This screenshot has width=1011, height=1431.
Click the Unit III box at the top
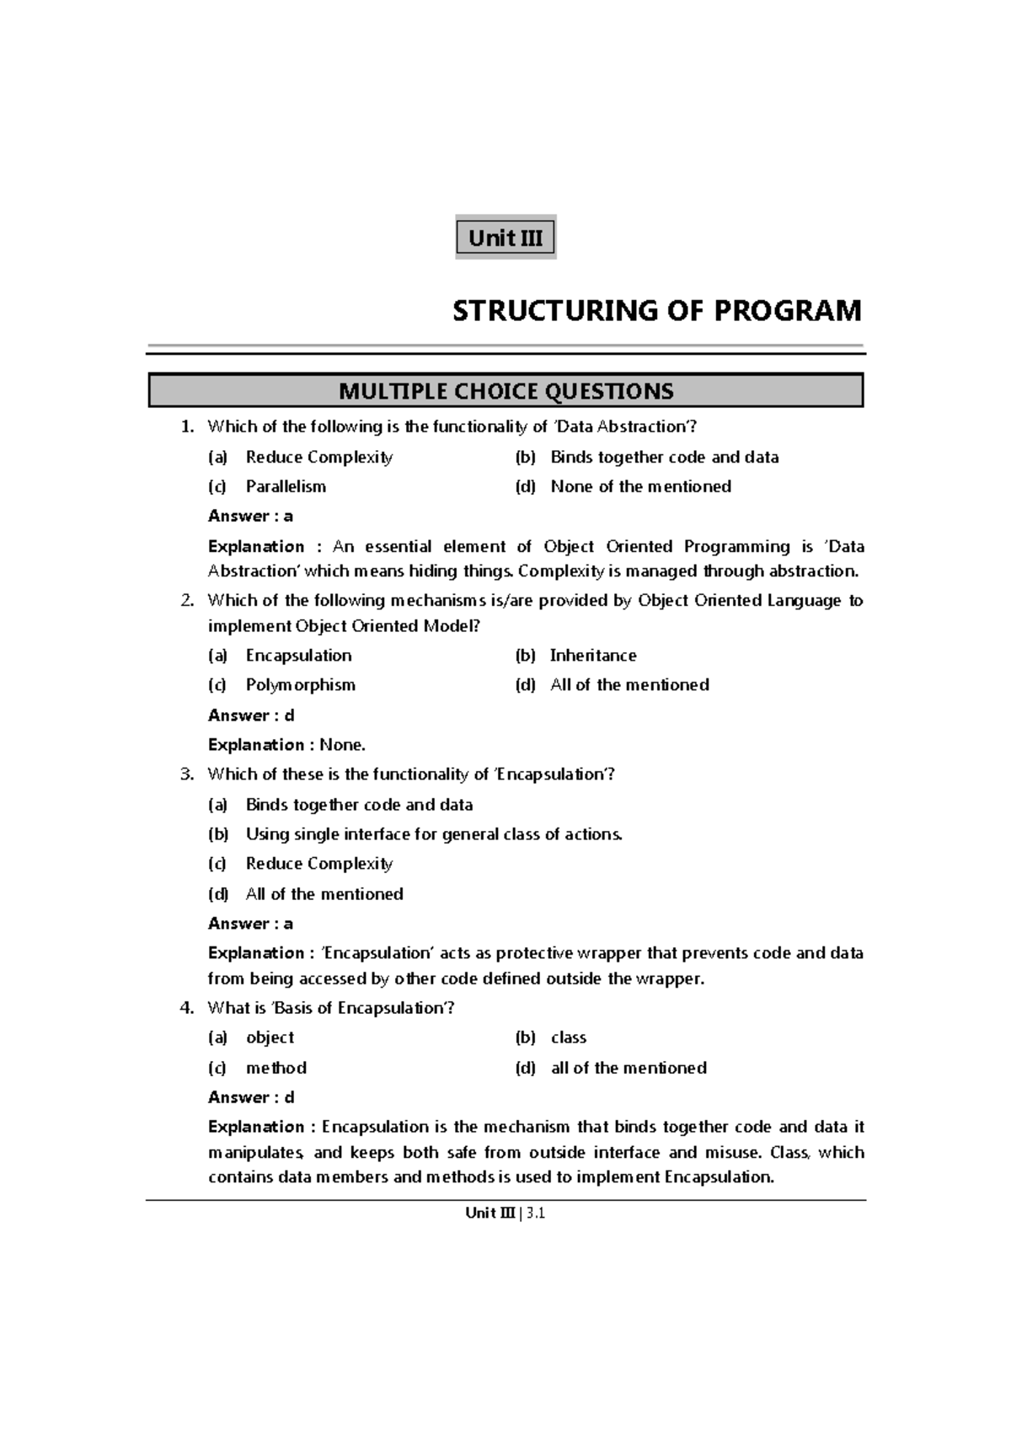(505, 238)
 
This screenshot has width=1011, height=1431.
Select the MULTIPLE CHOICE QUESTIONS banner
(505, 391)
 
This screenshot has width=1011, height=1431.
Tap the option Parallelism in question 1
(286, 486)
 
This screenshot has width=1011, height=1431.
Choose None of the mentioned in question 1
(640, 486)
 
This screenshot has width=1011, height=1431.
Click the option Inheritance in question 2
(593, 655)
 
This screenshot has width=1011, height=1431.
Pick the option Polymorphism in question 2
(300, 684)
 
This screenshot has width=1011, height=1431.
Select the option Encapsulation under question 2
(298, 655)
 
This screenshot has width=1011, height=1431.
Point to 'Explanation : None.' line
(286, 744)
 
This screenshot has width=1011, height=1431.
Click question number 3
(187, 774)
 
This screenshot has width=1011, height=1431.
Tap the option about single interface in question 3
(434, 833)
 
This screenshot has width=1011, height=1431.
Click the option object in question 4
(270, 1037)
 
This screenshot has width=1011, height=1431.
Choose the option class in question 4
(569, 1037)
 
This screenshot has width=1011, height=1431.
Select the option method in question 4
(275, 1068)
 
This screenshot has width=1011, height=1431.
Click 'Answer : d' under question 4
(251, 1097)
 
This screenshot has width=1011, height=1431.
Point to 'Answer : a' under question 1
(250, 516)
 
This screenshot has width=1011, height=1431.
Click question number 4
(187, 1008)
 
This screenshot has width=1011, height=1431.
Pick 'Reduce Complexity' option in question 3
(319, 863)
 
